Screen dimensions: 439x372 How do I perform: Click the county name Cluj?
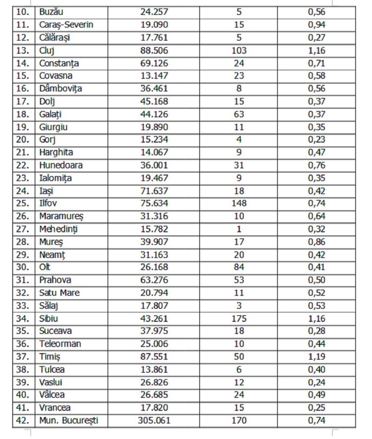click(x=46, y=50)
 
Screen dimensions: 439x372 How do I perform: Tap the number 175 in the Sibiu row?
click(x=239, y=319)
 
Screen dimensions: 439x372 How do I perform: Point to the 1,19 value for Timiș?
click(x=316, y=357)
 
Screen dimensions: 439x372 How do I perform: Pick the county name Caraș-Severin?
click(x=66, y=25)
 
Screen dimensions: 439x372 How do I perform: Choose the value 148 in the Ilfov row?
click(x=239, y=203)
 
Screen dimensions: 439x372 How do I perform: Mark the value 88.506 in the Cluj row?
click(x=154, y=50)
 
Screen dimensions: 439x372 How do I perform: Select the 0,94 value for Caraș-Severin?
click(x=316, y=25)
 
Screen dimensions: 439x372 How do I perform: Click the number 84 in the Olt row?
click(x=239, y=267)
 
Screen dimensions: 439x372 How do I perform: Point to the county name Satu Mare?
click(x=60, y=293)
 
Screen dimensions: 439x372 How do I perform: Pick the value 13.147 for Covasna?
click(x=154, y=76)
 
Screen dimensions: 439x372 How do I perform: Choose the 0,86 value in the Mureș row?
click(x=316, y=242)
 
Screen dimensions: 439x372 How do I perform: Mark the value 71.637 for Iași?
click(x=154, y=190)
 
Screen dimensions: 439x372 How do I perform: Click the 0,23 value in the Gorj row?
click(x=316, y=140)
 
